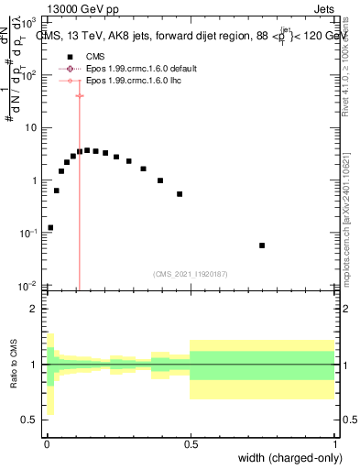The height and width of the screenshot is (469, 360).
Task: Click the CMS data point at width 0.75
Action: (x=262, y=245)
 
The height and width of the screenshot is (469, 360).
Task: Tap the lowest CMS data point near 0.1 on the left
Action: (x=50, y=227)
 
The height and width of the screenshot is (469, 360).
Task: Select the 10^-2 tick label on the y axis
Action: (x=27, y=286)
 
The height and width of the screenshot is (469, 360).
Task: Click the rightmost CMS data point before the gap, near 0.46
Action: (x=180, y=194)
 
